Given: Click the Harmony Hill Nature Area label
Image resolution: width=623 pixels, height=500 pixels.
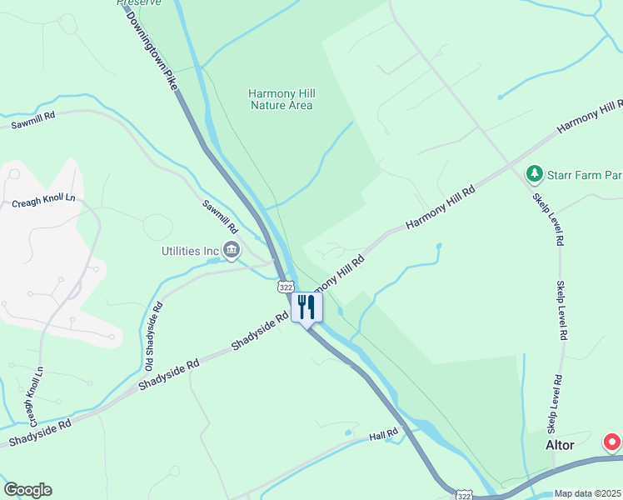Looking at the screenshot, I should (x=281, y=99).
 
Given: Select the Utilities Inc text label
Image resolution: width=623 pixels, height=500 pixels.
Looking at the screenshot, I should (x=190, y=249).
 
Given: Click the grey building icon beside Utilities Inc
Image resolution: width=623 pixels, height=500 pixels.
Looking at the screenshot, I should (x=232, y=248).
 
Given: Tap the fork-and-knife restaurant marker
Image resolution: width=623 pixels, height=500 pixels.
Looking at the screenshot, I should (x=307, y=307).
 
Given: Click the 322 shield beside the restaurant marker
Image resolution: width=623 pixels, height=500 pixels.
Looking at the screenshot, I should (x=285, y=286).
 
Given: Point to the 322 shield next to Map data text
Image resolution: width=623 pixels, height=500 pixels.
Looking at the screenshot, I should (x=464, y=495).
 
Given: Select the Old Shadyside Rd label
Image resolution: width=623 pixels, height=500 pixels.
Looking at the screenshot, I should (x=153, y=336).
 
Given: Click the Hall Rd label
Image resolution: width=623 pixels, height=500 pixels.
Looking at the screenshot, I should (x=385, y=435).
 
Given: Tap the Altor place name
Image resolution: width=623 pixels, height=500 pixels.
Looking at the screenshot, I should (x=560, y=445).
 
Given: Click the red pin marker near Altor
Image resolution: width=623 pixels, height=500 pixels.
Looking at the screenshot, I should (x=612, y=442).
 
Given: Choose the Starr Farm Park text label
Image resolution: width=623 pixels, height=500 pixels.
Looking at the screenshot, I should (x=584, y=175).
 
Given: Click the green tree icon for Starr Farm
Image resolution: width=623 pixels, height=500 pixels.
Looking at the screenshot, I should (x=534, y=174).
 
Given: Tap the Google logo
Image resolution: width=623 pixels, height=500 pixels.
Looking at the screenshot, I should (x=27, y=490).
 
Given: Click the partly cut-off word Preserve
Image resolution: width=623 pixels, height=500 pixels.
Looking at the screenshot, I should (x=139, y=2).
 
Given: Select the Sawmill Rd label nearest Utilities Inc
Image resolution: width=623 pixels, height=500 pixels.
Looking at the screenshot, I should (x=221, y=217).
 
